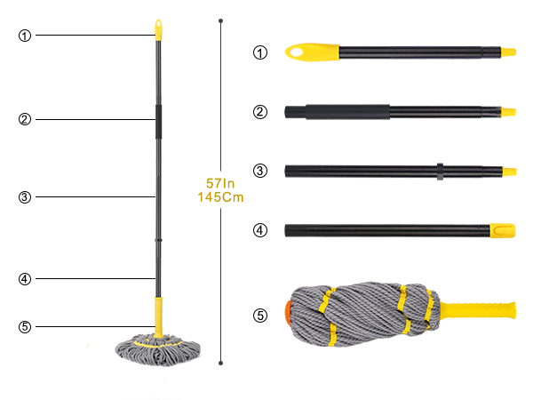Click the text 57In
(x=220, y=183)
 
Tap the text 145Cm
(x=220, y=197)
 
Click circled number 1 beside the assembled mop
(x=25, y=36)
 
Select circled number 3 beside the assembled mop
(x=25, y=197)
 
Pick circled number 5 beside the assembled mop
(x=25, y=327)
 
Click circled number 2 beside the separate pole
(x=260, y=112)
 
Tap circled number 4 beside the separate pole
(x=260, y=230)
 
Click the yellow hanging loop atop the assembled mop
(x=158, y=30)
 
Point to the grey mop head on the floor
(x=158, y=350)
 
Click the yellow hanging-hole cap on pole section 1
(x=312, y=52)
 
